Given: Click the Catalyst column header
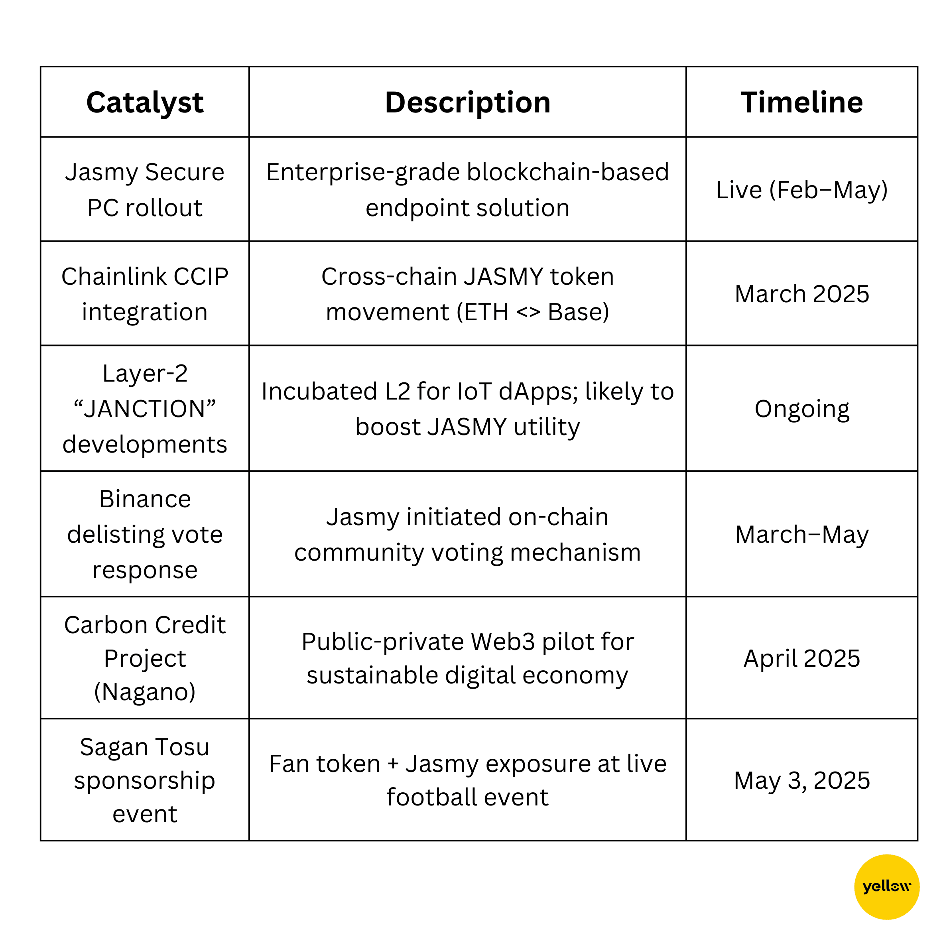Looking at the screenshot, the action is [145, 103].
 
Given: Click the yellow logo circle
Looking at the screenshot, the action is [887, 887].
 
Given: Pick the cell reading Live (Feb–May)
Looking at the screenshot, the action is [801, 190].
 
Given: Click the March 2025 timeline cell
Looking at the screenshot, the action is [801, 294].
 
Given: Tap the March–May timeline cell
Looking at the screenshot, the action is [801, 534].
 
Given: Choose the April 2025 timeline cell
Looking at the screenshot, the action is [801, 659].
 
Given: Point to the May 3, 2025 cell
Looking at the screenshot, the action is [801, 780].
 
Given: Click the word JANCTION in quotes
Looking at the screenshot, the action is [145, 409].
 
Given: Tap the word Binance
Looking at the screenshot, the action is [145, 500].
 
